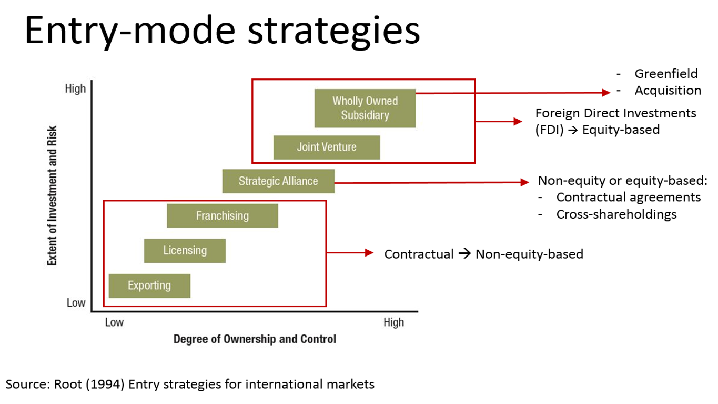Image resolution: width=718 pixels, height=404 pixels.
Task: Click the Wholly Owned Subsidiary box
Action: tap(365, 108)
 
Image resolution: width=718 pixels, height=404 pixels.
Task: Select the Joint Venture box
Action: tap(327, 147)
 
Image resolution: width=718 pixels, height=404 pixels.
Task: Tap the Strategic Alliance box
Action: tap(278, 181)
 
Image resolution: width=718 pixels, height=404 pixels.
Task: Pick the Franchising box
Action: tap(223, 215)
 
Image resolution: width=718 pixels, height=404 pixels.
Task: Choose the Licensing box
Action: tap(185, 250)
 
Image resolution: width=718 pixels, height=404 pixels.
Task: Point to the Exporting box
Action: tap(149, 285)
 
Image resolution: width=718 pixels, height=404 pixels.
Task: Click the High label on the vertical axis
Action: tap(75, 88)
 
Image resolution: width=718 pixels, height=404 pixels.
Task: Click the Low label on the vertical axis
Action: tap(76, 303)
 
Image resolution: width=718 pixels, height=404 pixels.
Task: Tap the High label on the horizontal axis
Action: tap(393, 322)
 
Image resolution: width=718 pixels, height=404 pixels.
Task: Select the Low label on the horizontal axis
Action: tap(114, 322)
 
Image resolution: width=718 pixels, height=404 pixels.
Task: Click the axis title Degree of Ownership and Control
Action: tap(255, 339)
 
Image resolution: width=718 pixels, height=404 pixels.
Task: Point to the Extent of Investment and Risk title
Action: tap(52, 195)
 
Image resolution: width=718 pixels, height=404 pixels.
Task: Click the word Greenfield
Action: tap(666, 73)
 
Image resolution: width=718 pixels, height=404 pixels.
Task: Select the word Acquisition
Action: tap(668, 91)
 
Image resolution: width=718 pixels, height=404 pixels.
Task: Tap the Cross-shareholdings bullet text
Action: tap(616, 214)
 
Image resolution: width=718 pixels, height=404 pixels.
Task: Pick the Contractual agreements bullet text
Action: tap(628, 197)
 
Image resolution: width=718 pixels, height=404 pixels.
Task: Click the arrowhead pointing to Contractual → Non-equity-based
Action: tap(369, 253)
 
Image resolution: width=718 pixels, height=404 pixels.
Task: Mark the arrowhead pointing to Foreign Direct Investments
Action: tap(519, 121)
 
